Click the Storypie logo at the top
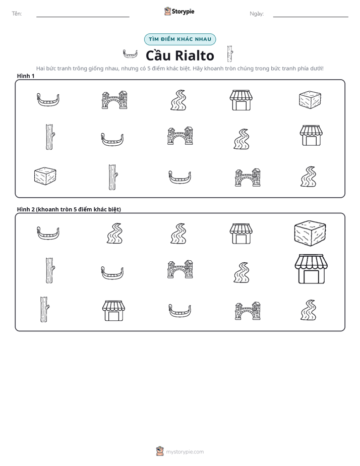click(179, 11)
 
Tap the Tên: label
click(17, 14)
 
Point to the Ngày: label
click(257, 14)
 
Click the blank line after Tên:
click(83, 17)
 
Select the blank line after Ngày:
click(311, 17)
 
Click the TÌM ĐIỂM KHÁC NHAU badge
click(180, 39)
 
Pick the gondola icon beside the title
click(130, 54)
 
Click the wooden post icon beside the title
click(230, 54)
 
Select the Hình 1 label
click(26, 76)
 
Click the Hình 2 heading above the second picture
click(69, 209)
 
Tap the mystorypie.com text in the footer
click(185, 452)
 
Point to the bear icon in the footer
click(160, 451)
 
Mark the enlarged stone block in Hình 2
click(310, 234)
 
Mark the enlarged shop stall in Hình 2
click(311, 269)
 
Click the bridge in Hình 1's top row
click(114, 100)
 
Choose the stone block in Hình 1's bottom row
click(45, 176)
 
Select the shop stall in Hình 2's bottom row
click(114, 311)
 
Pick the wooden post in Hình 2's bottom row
click(44, 309)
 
